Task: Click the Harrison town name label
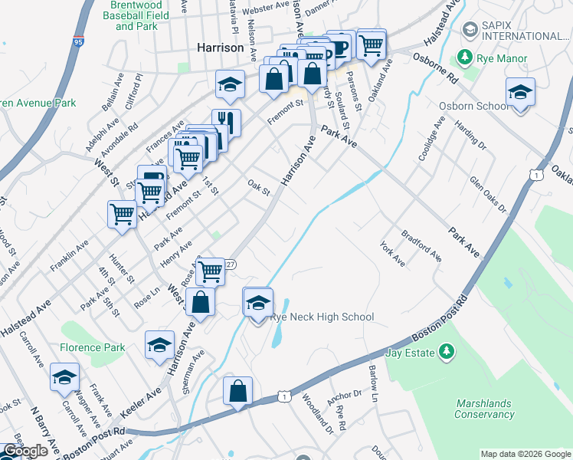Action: click(221, 48)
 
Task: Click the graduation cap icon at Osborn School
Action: click(520, 93)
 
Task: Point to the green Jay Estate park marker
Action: click(443, 353)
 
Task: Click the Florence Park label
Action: click(92, 347)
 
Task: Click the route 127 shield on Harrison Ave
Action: click(230, 264)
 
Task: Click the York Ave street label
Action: click(392, 252)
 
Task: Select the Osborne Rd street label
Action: click(434, 67)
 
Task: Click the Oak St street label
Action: click(260, 187)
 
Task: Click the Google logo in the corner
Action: click(25, 451)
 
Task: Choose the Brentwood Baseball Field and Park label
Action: click(136, 15)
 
